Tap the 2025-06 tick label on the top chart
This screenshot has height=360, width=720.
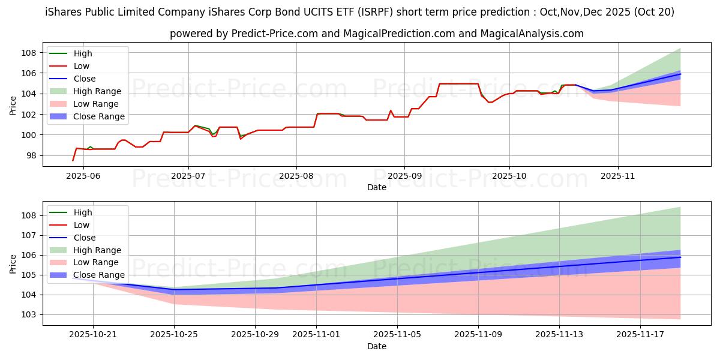(83, 175)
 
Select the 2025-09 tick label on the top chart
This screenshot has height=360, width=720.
(404, 175)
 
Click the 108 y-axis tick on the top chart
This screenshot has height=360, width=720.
(29, 53)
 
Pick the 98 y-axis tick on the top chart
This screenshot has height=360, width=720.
(31, 155)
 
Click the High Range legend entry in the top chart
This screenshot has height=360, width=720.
(98, 91)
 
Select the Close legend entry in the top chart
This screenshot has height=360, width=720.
(85, 79)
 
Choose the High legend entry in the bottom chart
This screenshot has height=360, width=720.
(83, 212)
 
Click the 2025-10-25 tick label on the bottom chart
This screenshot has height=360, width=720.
(174, 334)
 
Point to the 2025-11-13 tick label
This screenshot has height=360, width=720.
(559, 334)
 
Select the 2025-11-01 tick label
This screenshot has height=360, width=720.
(316, 334)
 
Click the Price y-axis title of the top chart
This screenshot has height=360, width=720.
(13, 106)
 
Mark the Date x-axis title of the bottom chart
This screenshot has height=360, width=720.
(377, 346)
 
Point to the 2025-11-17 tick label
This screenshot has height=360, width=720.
(641, 334)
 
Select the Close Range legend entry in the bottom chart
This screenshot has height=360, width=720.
(98, 275)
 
